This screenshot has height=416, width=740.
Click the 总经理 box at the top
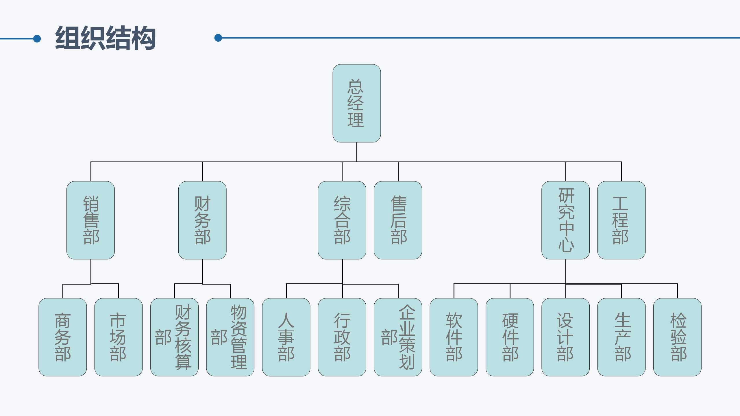pyautogui.click(x=356, y=103)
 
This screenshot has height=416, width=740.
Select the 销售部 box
pyautogui.click(x=91, y=220)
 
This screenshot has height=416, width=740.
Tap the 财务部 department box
pyautogui.click(x=202, y=220)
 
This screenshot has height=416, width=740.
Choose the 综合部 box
pyautogui.click(x=342, y=220)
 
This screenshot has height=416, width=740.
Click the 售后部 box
pyautogui.click(x=398, y=220)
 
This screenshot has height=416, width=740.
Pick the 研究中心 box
pyautogui.click(x=565, y=220)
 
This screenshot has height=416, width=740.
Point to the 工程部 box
pyautogui.click(x=621, y=220)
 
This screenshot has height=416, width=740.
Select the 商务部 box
pyautogui.click(x=63, y=337)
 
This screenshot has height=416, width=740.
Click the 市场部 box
pyautogui.click(x=119, y=337)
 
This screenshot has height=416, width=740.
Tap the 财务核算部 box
pyautogui.click(x=174, y=337)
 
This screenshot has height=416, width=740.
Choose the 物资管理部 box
pyautogui.click(x=230, y=337)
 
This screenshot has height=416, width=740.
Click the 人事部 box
pyautogui.click(x=286, y=337)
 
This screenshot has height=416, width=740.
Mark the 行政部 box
pyautogui.click(x=342, y=337)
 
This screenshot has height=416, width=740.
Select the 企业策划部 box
pyautogui.click(x=398, y=337)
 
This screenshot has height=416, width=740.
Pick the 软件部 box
pyautogui.click(x=454, y=337)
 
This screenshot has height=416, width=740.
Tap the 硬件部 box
pyautogui.click(x=510, y=337)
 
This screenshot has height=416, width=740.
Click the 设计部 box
pyautogui.click(x=565, y=337)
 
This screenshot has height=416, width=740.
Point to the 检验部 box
pyautogui.click(x=677, y=337)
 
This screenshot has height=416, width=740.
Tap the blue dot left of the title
pyautogui.click(x=37, y=38)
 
